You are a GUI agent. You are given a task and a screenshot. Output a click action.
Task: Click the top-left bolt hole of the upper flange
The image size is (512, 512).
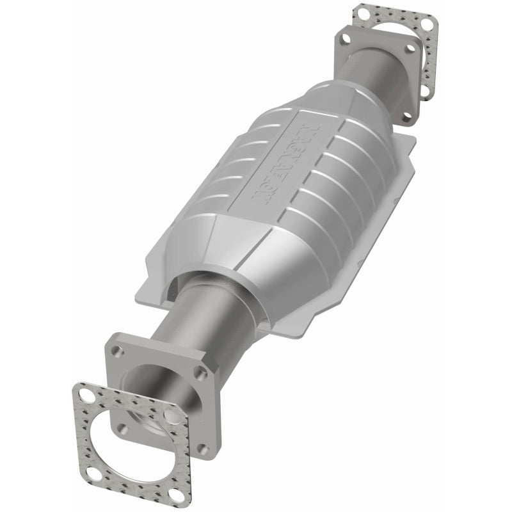click(x=346, y=38)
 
